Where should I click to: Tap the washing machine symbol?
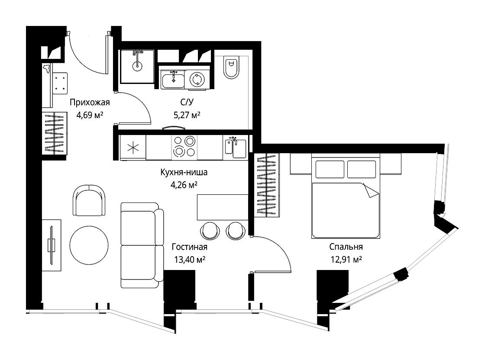pos(197,80)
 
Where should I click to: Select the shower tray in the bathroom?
pos(137,67)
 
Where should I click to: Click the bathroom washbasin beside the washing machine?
pos(173,79)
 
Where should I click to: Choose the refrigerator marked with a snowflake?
pos(133,148)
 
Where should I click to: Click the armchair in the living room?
pos(89,200)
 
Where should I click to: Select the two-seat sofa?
pos(142,245)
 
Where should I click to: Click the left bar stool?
pos(210,231)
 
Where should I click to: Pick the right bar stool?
pos(236,231)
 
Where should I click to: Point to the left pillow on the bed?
pos(330,169)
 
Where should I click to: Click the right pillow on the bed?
pos(362,169)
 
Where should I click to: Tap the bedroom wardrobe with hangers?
pos(267,185)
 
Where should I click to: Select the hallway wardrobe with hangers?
pos(55,133)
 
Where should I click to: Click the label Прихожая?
pos(90,102)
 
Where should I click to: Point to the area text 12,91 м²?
pos(346,259)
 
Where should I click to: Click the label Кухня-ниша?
pos(184,172)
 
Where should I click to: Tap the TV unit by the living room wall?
pos(52,245)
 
